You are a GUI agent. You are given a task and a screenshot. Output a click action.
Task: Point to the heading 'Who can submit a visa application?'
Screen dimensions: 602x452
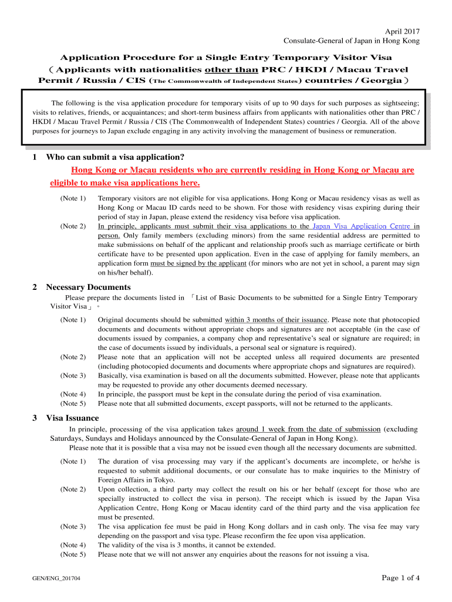116,157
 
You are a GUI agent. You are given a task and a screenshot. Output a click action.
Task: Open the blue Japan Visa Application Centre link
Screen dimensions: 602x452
362,226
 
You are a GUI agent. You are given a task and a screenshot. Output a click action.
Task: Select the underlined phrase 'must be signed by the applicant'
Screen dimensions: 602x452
198,263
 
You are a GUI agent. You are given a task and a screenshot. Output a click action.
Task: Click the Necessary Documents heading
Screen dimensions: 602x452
89,287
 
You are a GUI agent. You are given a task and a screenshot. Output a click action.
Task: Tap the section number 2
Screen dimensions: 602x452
36,287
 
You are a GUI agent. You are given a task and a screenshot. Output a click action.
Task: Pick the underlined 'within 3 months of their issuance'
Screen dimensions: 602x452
276,319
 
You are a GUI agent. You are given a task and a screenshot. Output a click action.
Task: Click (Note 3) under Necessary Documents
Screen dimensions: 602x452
73,375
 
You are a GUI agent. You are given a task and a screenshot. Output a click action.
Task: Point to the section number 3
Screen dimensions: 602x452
36,418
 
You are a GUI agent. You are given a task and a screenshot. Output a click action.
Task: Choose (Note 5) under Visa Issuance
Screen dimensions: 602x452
73,554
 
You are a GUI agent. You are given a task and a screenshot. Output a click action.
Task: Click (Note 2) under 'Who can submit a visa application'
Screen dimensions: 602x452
73,226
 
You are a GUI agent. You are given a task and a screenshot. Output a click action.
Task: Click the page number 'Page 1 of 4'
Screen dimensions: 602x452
400,578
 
